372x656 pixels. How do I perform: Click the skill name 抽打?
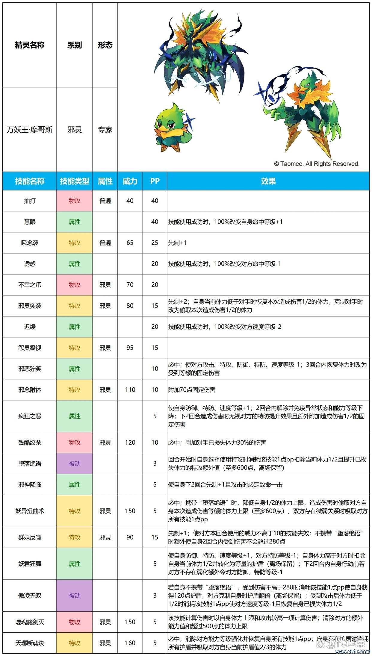coord(30,201)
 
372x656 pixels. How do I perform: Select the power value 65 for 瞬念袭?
coord(130,243)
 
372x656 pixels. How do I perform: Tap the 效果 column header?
coord(268,181)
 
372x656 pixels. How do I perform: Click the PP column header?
coord(155,181)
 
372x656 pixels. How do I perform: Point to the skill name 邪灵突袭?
coord(30,306)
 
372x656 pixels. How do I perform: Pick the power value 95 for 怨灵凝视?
coord(130,348)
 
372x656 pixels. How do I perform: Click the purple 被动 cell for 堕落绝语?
coord(75,463)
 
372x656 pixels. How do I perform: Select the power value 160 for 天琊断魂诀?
coord(130,643)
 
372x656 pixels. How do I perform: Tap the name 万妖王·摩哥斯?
coord(30,130)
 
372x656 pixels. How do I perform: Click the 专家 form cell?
coord(105,130)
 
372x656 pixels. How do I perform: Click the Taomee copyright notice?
coord(317,164)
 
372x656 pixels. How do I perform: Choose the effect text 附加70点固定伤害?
coord(192,390)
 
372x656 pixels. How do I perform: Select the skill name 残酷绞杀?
coord(30,443)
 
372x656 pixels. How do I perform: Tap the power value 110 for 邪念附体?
coord(130,390)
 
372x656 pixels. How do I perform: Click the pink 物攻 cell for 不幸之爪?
coord(75,285)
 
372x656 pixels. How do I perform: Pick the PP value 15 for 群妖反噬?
coord(155,537)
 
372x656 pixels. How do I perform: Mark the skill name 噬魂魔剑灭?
coord(30,622)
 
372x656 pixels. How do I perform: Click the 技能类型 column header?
coord(75,181)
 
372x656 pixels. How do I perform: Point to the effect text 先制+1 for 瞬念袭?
coord(178,243)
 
